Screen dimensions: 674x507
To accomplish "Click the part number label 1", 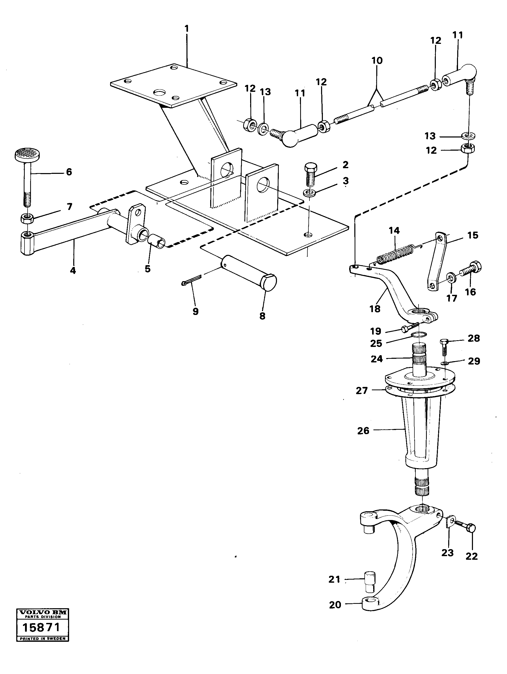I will click(x=186, y=29).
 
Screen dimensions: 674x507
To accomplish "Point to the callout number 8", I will click(x=262, y=316).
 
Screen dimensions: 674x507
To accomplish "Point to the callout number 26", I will click(x=363, y=431).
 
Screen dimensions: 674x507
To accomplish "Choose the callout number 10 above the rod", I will click(x=377, y=61).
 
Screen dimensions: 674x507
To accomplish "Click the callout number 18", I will click(x=375, y=309).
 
